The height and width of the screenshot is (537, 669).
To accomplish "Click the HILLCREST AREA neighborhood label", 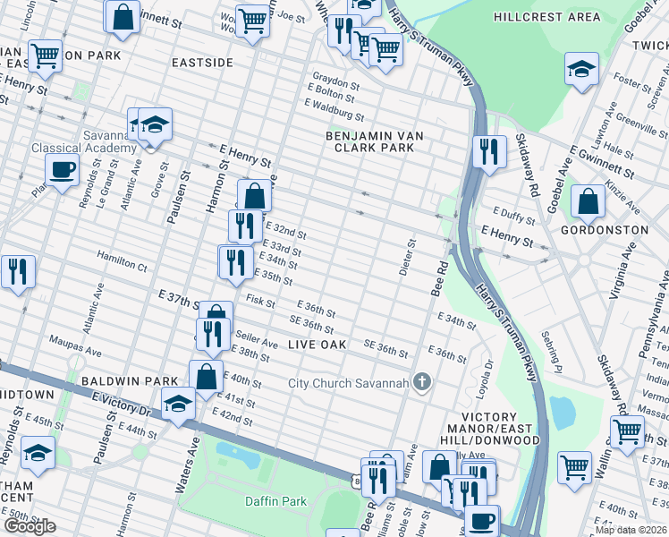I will (x=547, y=17).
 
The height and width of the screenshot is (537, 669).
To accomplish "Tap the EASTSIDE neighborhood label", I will (x=203, y=63).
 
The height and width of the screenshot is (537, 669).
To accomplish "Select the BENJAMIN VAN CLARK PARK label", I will (x=373, y=141).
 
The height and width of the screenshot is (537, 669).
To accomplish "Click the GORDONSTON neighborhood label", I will (x=605, y=230).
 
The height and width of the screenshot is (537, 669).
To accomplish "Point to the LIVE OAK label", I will (x=318, y=345).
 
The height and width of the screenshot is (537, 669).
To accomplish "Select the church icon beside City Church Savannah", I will (x=422, y=383).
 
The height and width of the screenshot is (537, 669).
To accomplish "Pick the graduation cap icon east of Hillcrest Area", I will (x=581, y=70).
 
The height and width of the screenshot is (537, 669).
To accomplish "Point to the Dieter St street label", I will (x=412, y=255).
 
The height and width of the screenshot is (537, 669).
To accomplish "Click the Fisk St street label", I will (x=261, y=303).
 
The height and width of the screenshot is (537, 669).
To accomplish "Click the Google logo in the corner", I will (x=30, y=526).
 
